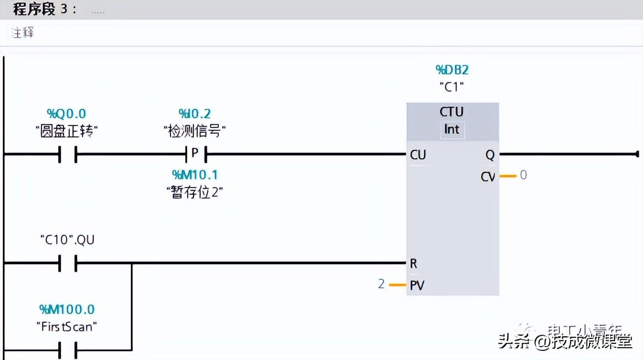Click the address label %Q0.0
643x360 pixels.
coord(66,114)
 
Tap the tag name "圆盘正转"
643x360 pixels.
coord(66,131)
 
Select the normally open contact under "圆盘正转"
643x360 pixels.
coord(67,154)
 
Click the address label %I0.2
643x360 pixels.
coord(194,114)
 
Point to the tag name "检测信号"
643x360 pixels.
coord(194,131)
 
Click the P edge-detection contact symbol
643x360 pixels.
coord(195,154)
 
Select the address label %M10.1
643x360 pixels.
coord(195,175)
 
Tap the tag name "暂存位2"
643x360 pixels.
coord(195,192)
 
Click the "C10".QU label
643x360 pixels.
coord(67,239)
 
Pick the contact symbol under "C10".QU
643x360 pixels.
coord(67,263)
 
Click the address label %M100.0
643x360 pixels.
coord(67,309)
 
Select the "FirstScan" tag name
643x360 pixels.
coord(67,327)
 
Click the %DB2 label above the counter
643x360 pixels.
coord(452,70)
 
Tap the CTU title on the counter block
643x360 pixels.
coord(451,112)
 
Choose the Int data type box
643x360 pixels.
coord(451,129)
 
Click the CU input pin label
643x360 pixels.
coord(418,155)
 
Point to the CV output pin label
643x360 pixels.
coord(488,177)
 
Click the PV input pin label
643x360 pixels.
coord(417,286)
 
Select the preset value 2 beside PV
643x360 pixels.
coord(381,284)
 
